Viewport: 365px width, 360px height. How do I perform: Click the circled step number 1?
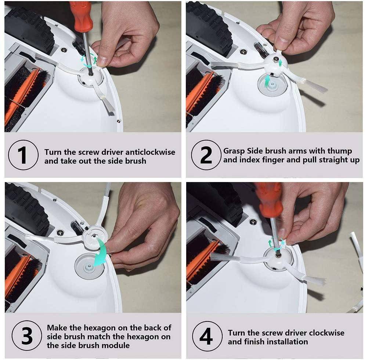tap(23, 154)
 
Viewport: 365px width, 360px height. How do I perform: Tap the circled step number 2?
tap(206, 155)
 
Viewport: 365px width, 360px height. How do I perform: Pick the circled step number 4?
tap(206, 336)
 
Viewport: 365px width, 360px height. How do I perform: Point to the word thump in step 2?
tap(339, 151)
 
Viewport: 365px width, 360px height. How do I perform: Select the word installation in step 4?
tap(287, 342)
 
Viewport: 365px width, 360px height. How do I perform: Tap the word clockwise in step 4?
tap(326, 333)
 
